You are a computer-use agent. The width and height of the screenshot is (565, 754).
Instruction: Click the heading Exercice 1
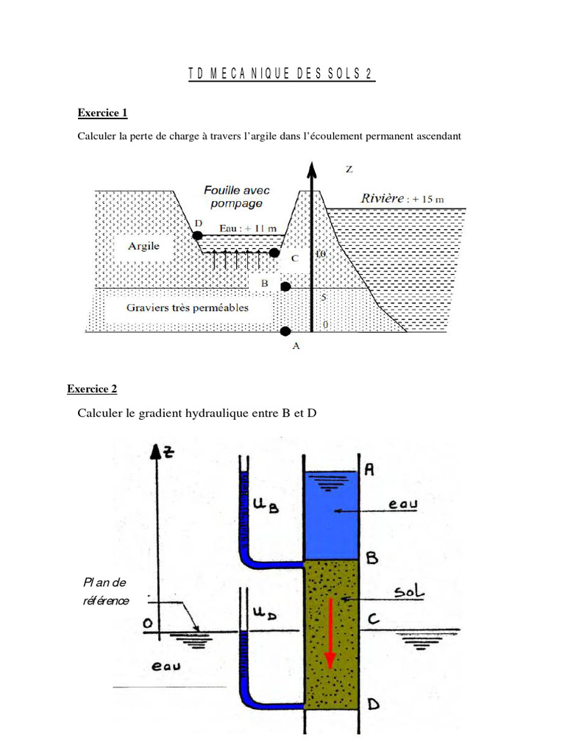click(x=102, y=113)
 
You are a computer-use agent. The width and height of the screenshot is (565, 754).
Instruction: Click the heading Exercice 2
click(x=92, y=389)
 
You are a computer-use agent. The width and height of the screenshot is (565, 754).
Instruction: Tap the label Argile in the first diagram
click(x=144, y=246)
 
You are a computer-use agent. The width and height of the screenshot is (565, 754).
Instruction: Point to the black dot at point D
click(x=198, y=236)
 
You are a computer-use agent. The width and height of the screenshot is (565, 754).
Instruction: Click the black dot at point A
click(x=285, y=330)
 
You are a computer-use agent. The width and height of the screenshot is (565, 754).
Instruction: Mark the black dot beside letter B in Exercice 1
click(x=285, y=286)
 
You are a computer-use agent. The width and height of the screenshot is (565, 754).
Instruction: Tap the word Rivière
click(x=383, y=198)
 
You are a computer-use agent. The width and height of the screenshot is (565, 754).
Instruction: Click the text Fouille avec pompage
click(x=237, y=197)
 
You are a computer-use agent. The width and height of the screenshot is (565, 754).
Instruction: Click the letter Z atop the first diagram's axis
click(x=349, y=169)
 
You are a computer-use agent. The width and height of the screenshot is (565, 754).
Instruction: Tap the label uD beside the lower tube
click(x=269, y=613)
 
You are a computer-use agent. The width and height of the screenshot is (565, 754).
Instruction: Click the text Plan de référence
click(x=105, y=591)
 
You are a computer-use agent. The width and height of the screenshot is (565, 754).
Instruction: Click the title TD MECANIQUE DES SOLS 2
click(x=280, y=74)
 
